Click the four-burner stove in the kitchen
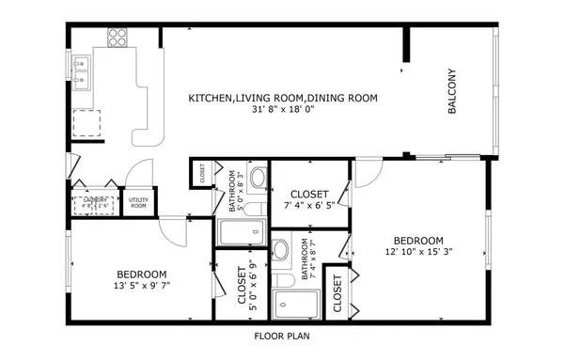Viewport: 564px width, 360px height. [x=117, y=38]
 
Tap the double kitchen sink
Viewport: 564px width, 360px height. [x=82, y=70]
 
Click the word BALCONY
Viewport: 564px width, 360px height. [x=452, y=91]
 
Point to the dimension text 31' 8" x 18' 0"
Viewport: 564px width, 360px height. [x=282, y=109]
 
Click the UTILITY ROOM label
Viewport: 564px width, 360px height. [x=138, y=202]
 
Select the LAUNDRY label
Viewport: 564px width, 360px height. [x=95, y=200]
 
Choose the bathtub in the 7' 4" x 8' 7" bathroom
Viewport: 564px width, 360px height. [x=295, y=305]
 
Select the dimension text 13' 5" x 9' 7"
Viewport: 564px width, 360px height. [x=141, y=285]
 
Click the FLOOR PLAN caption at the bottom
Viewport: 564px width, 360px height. [x=282, y=335]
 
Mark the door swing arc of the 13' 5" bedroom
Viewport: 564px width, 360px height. [x=172, y=229]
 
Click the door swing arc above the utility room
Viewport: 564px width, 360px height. [x=140, y=172]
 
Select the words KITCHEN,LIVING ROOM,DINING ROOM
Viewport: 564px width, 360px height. [x=282, y=98]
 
